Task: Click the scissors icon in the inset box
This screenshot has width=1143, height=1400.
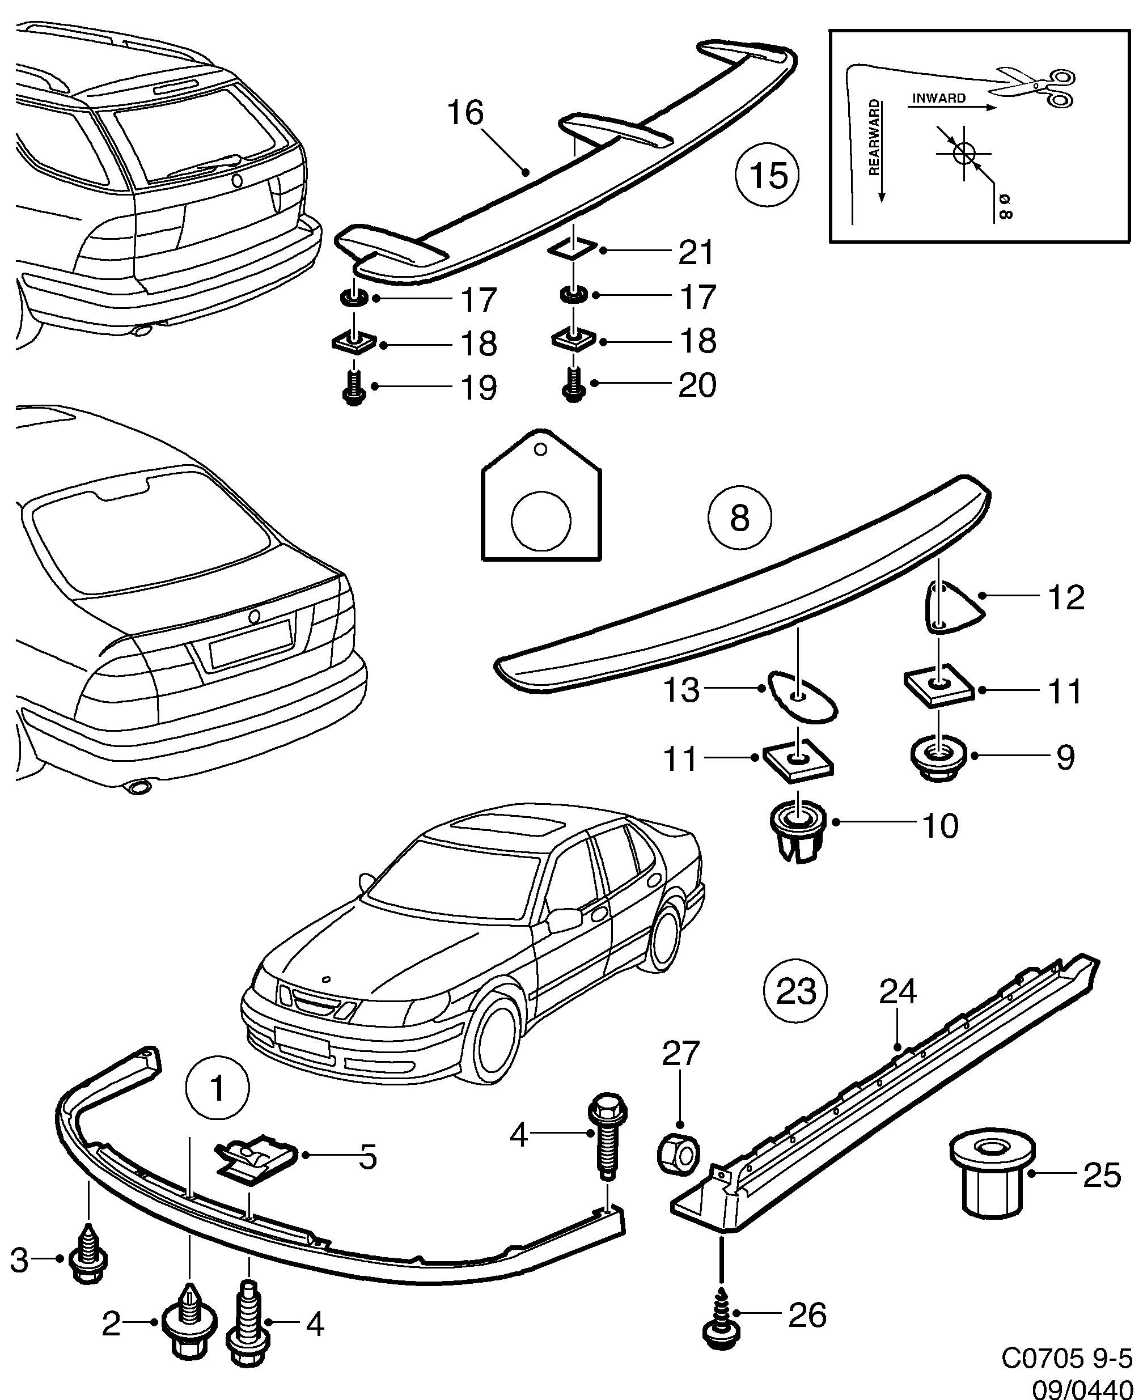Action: (1035, 87)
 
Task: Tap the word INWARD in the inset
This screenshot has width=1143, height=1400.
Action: (938, 98)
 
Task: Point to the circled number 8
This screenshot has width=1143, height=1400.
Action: (739, 519)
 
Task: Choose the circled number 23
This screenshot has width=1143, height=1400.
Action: (795, 991)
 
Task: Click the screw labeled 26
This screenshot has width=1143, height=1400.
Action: (722, 1317)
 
